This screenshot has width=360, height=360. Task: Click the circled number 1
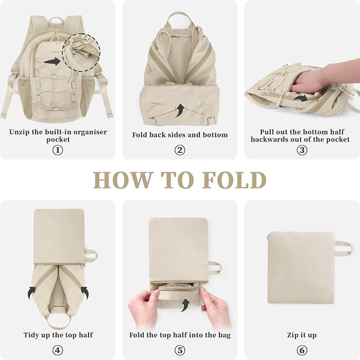point(58,150)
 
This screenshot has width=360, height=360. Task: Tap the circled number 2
point(180,150)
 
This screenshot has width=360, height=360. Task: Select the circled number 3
point(302,150)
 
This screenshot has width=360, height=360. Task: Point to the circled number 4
point(58,350)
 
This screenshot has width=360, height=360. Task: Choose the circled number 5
point(180,350)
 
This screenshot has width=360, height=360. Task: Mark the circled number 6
point(302,350)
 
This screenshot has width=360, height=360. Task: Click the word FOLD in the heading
point(234,180)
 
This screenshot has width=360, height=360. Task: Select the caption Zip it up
point(302,335)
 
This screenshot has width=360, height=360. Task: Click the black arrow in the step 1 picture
point(52,62)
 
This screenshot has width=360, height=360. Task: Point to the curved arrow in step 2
point(180,110)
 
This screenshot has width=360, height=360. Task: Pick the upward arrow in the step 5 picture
point(185,305)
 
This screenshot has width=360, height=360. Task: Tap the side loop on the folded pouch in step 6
point(343,249)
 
